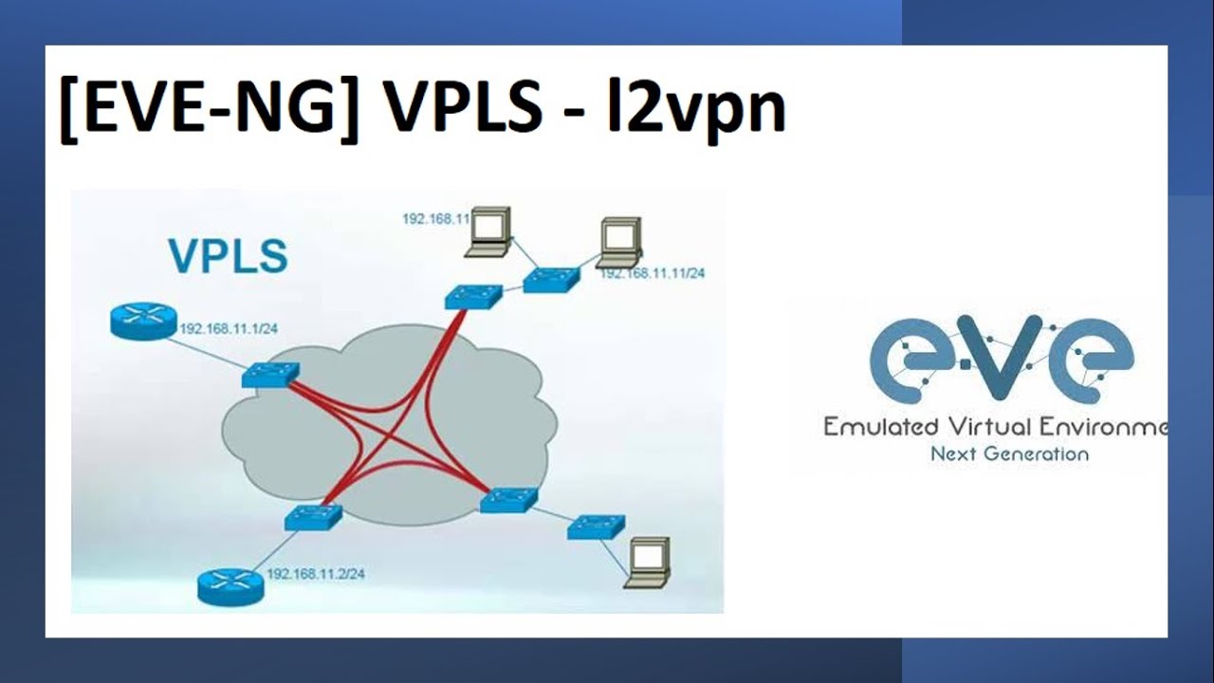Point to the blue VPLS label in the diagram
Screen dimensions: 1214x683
228,256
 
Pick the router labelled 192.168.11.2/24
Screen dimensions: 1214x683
230,584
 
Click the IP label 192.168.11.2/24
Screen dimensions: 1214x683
316,574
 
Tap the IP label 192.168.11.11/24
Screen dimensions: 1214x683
652,273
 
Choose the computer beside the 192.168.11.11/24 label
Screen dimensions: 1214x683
620,242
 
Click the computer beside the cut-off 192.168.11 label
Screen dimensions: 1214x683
489,231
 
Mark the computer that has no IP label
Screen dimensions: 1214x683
649,563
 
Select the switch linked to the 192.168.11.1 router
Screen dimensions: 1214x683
270,374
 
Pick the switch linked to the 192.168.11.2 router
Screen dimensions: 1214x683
313,516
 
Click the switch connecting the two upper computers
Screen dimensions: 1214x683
550,277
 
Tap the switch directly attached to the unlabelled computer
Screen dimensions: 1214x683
596,526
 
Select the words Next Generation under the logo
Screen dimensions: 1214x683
1009,453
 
